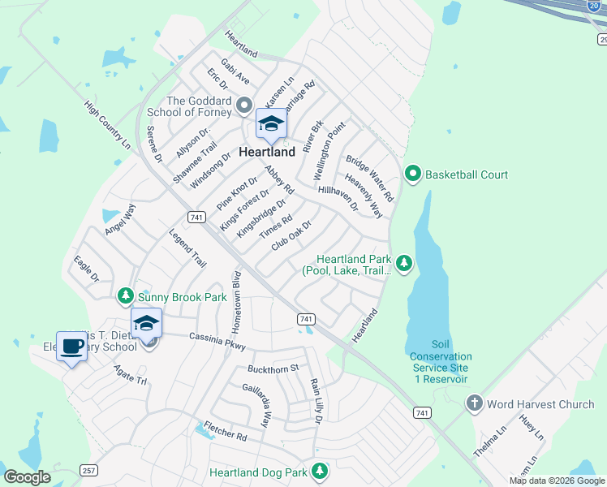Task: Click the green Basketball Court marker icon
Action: [413, 174]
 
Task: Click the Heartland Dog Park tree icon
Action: [320, 471]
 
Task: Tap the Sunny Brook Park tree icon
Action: [125, 297]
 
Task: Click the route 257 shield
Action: [89, 471]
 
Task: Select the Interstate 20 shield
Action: [594, 5]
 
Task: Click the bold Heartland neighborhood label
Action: [268, 152]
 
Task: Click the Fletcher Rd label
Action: [225, 430]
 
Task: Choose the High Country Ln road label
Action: [107, 124]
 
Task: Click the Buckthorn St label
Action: [273, 369]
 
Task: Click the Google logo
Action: [27, 477]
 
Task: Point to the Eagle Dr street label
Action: [86, 269]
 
